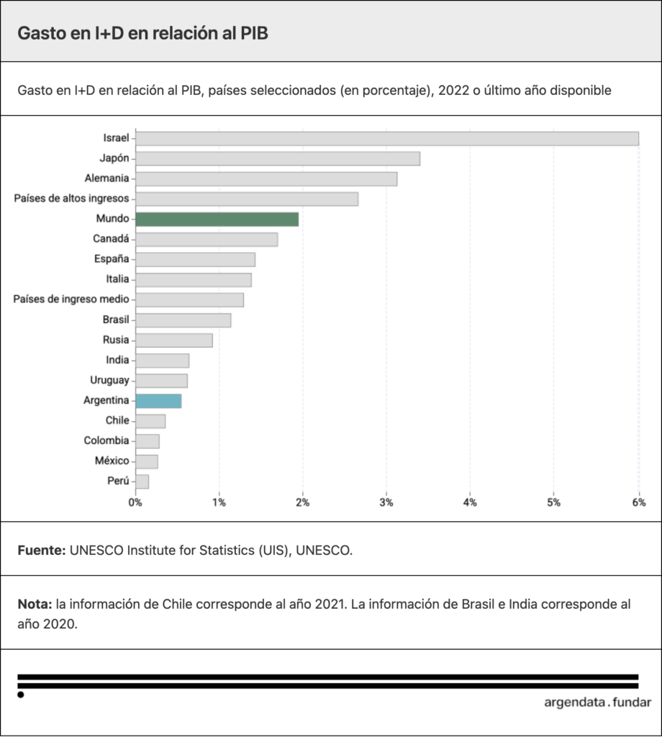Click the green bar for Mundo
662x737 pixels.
point(217,220)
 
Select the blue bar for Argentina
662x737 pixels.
point(158,401)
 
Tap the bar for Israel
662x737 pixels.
point(386,139)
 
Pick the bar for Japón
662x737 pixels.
point(277,159)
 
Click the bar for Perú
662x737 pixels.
point(142,481)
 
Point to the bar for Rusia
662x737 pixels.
point(173,340)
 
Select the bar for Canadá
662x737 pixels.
point(207,240)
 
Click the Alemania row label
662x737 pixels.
point(107,178)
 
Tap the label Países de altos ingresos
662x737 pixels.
point(72,199)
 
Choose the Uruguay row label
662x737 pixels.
point(109,380)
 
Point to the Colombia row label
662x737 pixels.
point(106,440)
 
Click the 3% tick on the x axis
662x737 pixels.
point(386,502)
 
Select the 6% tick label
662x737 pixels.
point(638,502)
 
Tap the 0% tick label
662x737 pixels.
point(135,502)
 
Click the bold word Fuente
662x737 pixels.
point(41,550)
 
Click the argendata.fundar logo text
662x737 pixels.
point(597,702)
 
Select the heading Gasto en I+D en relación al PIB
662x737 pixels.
point(142,34)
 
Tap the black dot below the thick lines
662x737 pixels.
point(21,695)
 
